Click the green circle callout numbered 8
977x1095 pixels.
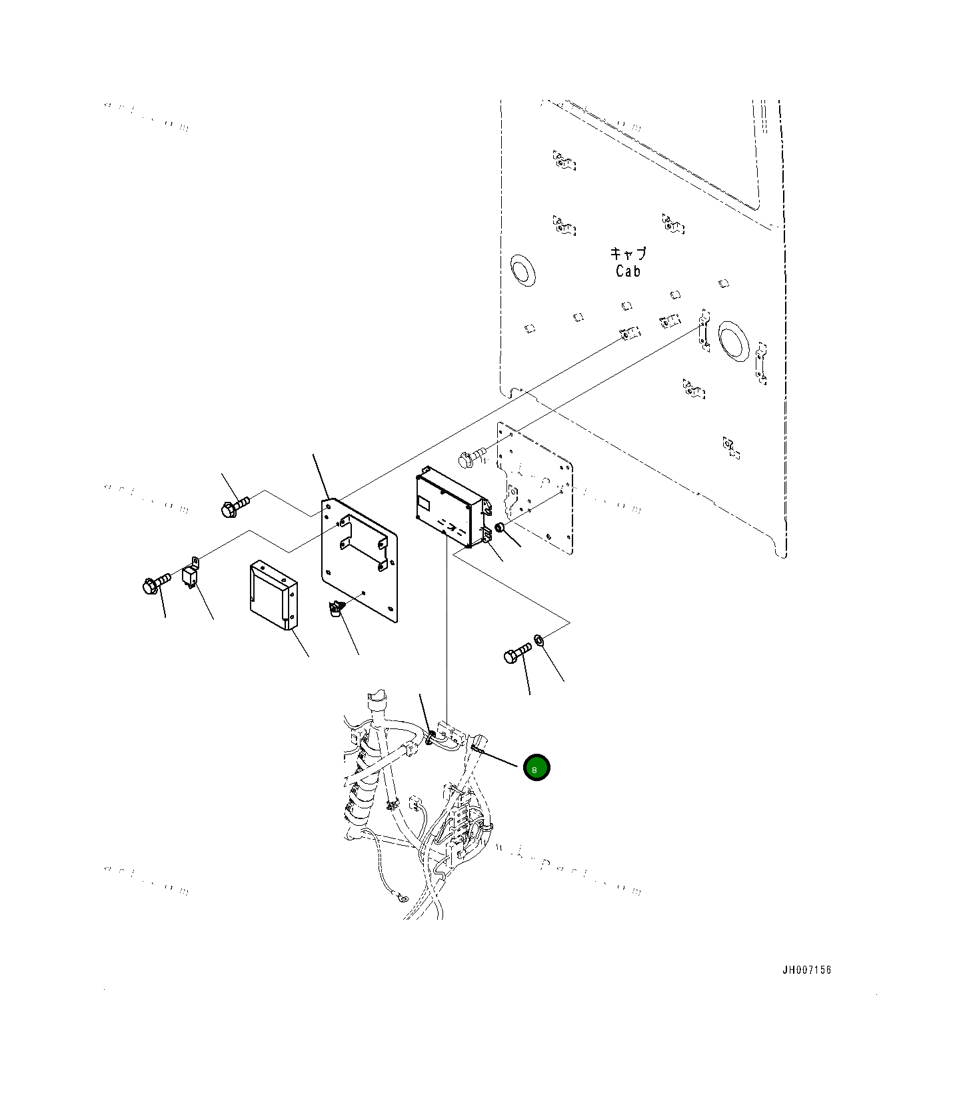[536, 768]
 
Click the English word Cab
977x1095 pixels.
[628, 271]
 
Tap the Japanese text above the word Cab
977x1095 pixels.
[628, 254]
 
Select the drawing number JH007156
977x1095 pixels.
[806, 970]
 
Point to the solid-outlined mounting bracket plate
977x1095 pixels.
[360, 560]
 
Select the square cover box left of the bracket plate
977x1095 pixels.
[273, 595]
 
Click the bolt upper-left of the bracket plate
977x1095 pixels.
[234, 506]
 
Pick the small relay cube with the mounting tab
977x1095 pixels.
[190, 575]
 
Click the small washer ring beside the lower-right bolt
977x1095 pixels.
[540, 640]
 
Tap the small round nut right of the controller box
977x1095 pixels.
[500, 528]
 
